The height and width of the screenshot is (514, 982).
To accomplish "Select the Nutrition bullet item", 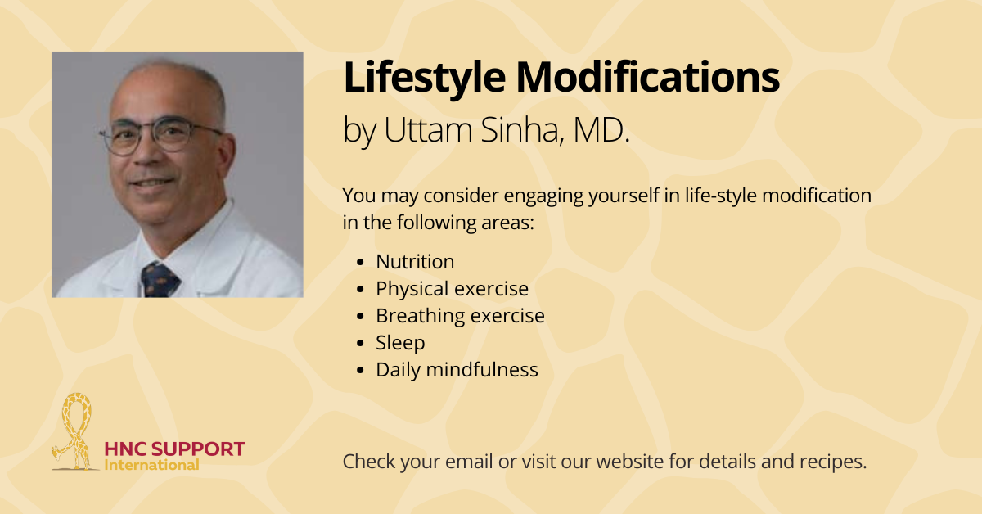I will [415, 262].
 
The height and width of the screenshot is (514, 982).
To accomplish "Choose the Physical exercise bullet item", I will [452, 289].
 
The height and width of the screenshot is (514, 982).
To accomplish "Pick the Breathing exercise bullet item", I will [460, 316].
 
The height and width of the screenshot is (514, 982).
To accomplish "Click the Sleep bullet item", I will [400, 343].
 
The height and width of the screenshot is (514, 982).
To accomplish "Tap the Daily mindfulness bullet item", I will [457, 370].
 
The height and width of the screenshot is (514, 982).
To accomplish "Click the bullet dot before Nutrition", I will [362, 263].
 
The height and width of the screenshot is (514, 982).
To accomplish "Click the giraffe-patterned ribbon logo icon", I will [75, 432].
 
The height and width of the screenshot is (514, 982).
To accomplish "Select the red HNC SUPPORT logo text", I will [174, 449].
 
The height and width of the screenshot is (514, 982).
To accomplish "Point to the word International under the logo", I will [151, 465].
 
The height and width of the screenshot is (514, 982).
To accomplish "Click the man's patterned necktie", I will [159, 279].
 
